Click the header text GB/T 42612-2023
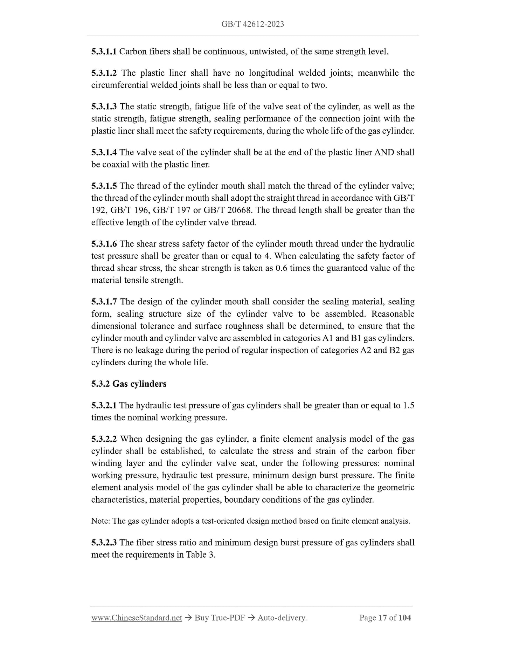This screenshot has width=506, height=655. (x=252, y=24)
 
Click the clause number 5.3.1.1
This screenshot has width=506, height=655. (x=104, y=52)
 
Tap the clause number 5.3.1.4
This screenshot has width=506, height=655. (x=104, y=152)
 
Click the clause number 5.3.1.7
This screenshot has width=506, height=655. (x=104, y=302)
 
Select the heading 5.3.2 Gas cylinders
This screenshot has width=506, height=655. (x=129, y=384)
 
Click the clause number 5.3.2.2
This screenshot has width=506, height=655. (x=104, y=439)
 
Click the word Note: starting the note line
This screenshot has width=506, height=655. (x=101, y=521)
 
